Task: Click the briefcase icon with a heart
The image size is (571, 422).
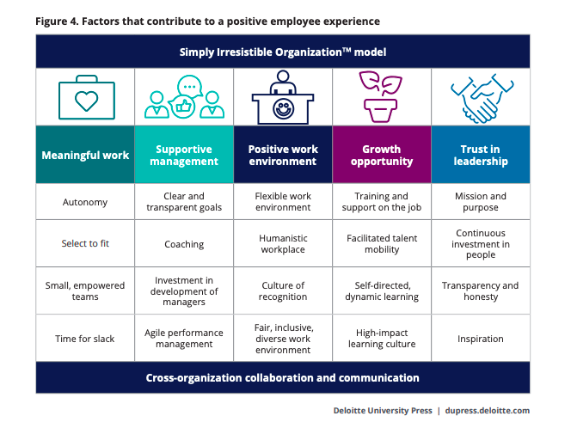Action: coord(87,97)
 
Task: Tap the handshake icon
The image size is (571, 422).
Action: coord(482,98)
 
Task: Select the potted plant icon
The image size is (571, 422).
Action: coord(381,96)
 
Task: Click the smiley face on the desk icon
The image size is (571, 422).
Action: coord(283,108)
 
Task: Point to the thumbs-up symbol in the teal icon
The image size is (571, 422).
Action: coord(183,107)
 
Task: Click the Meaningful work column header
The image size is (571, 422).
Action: coord(85,155)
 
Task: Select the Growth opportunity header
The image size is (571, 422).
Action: coord(382,155)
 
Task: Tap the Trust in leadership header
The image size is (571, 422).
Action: coord(481,155)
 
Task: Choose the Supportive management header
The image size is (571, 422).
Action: coord(184,155)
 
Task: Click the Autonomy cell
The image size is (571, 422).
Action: coord(85,202)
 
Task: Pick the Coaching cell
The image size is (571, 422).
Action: coord(184,243)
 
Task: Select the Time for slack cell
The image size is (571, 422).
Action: coord(85,339)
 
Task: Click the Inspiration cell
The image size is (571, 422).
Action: coord(481,339)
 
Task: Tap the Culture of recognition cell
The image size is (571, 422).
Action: coord(283,291)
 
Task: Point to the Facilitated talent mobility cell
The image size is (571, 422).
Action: coord(382,243)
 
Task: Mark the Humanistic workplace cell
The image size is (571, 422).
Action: coord(283,243)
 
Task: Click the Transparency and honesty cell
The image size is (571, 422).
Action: coord(481,291)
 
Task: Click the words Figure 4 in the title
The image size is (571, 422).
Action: coord(57,21)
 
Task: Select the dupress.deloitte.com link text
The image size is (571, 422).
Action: coord(488,410)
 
